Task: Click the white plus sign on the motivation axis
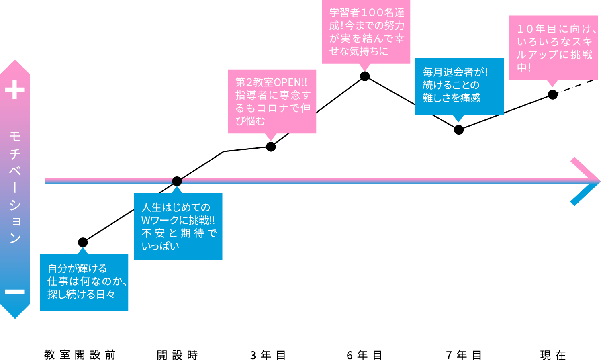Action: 15,90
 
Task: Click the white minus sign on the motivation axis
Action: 15,291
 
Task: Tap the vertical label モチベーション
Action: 15,187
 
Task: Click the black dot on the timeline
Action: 177,181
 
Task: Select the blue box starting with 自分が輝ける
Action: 84,282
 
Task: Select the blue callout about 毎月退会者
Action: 459,86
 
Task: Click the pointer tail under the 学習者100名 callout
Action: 365,67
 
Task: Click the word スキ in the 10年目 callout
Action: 582,42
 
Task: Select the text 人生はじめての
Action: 176,207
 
